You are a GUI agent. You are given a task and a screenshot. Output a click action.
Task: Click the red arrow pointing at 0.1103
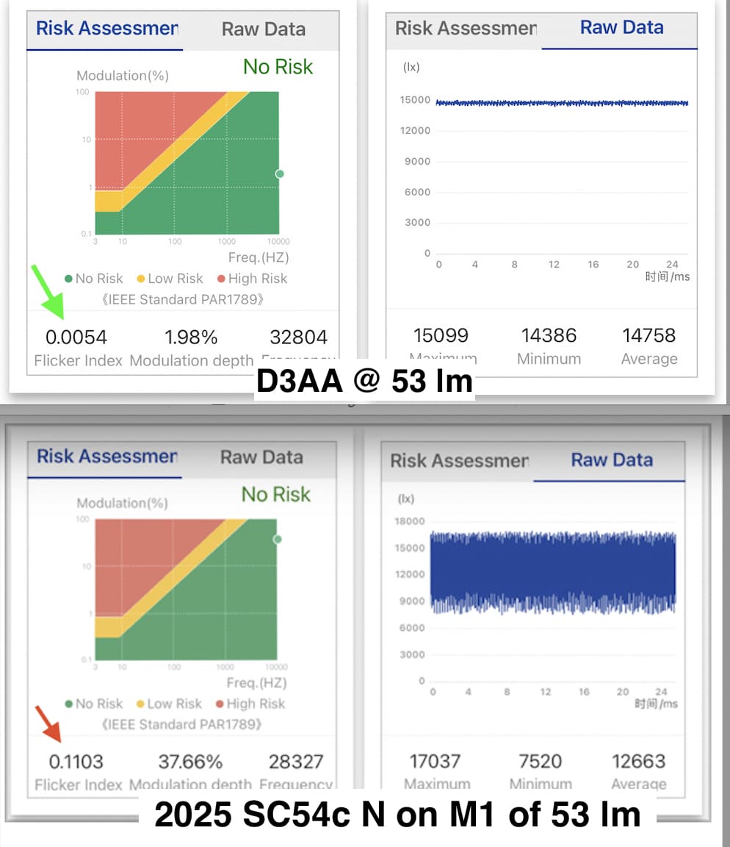click(50, 723)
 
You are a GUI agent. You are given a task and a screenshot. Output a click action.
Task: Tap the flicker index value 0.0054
click(76, 337)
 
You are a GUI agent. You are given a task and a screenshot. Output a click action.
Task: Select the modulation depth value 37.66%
click(190, 762)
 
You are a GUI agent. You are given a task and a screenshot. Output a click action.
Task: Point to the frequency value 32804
click(298, 337)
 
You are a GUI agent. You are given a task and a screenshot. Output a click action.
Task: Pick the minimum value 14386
click(549, 336)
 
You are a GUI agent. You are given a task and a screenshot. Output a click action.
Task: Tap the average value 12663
click(638, 761)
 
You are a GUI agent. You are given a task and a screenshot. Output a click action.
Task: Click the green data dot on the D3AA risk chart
click(279, 174)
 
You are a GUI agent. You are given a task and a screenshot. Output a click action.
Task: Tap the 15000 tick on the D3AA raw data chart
click(415, 100)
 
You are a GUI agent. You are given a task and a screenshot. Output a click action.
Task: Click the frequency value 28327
click(297, 762)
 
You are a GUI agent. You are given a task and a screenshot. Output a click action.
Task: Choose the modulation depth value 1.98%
click(191, 337)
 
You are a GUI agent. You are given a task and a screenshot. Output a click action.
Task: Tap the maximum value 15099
click(441, 336)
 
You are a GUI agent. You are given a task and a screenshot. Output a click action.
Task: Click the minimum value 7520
click(540, 761)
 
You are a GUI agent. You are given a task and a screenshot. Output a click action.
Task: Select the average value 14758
click(648, 336)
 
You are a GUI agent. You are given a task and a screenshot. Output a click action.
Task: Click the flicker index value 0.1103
click(76, 762)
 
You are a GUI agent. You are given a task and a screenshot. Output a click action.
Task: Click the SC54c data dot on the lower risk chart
click(278, 539)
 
